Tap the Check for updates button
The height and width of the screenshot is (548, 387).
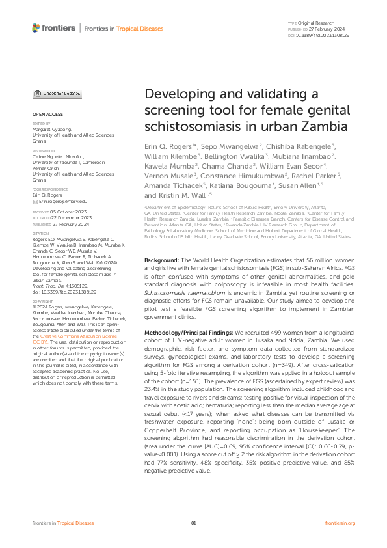[57, 94]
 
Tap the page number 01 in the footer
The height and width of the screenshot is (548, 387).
[193, 523]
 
